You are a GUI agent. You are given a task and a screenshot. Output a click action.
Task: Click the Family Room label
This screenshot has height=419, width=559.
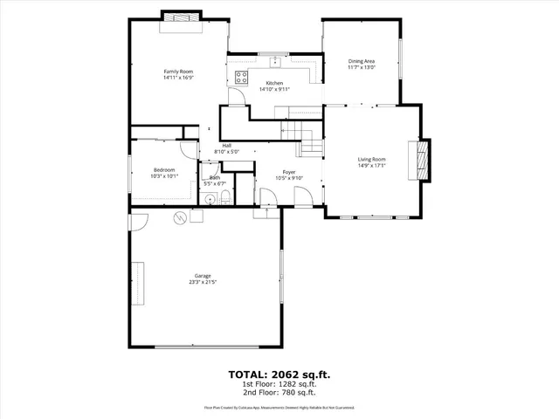177,71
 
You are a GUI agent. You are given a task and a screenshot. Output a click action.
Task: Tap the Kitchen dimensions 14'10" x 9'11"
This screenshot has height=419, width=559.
273,89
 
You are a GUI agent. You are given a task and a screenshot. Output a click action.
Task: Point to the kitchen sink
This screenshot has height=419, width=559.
274,62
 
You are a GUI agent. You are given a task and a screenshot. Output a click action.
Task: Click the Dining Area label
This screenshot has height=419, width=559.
361,60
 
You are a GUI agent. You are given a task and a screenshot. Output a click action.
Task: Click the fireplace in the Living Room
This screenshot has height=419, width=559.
422,160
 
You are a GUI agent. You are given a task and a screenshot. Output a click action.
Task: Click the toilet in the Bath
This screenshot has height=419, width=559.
224,200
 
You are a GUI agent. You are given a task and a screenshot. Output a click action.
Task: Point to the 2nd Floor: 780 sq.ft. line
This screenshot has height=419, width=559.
279,392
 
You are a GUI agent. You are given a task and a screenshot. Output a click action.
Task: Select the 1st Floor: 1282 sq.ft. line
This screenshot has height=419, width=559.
279,384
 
